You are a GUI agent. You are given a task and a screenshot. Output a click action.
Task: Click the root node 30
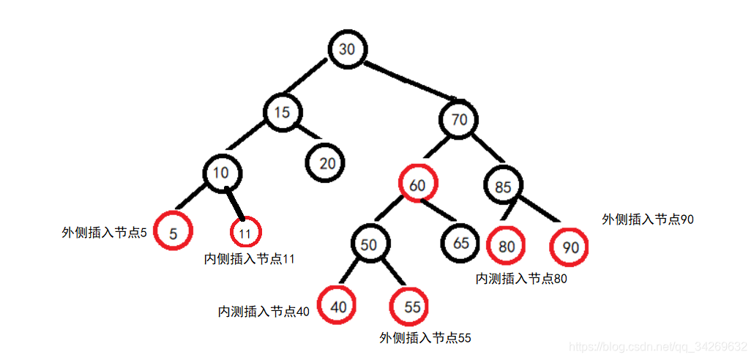(347, 49)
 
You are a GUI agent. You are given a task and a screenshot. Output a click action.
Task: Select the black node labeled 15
(283, 113)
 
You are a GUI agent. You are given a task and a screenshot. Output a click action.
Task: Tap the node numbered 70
(460, 120)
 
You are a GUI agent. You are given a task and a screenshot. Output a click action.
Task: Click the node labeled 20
(326, 162)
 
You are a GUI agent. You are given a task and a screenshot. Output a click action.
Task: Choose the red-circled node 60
(417, 186)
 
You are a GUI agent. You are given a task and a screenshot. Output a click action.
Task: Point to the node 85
(503, 187)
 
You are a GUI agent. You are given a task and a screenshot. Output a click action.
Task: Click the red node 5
(173, 233)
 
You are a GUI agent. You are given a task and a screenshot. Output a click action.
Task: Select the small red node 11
(245, 233)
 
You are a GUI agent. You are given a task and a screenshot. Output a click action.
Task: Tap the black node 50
(369, 244)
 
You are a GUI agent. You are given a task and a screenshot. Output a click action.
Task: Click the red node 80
(507, 247)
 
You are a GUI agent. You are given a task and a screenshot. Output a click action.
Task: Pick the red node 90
(570, 247)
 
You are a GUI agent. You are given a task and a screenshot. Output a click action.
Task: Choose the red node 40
(338, 307)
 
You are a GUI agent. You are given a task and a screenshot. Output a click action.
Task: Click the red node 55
(412, 307)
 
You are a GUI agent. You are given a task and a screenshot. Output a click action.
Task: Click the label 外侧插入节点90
(648, 219)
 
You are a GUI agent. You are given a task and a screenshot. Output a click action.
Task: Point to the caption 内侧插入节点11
(250, 258)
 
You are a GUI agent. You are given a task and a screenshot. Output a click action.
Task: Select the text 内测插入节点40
(264, 311)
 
